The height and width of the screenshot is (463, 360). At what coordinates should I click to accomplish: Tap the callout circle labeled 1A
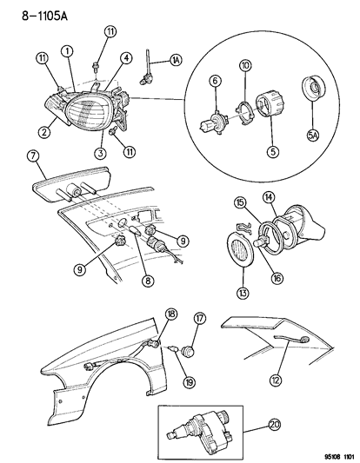[x=177, y=60]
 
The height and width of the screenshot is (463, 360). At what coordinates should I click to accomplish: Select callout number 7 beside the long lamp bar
[x=31, y=156]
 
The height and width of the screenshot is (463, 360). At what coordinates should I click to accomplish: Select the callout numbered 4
[x=126, y=58]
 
